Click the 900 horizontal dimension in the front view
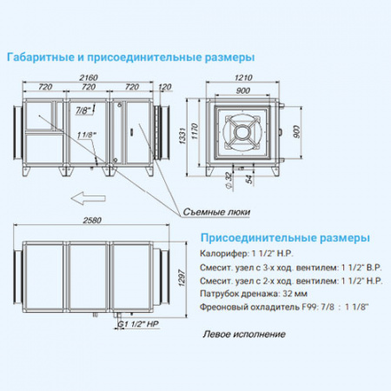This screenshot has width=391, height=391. (242, 90)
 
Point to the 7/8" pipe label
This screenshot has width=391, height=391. (83, 111)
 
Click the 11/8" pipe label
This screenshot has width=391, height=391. (85, 135)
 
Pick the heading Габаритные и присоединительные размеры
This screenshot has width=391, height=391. (131, 57)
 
